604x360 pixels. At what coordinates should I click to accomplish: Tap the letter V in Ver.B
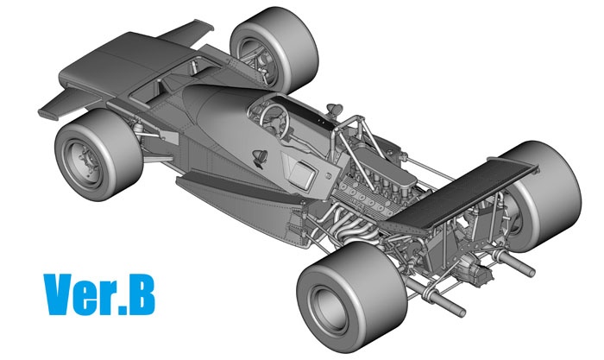(x=59, y=294)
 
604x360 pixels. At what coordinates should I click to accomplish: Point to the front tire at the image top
(x=274, y=48)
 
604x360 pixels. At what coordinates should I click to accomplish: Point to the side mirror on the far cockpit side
(x=334, y=109)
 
